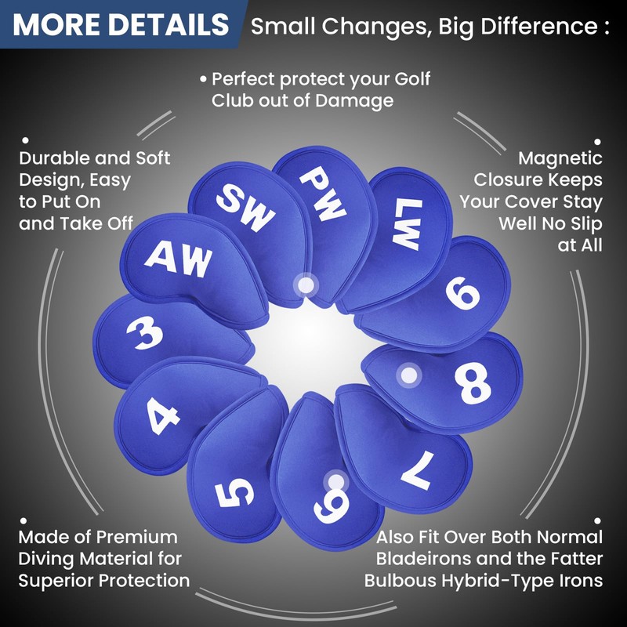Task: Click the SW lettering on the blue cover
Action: (245, 207)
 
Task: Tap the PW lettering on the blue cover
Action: (323, 193)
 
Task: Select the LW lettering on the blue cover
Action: (408, 224)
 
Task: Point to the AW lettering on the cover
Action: (179, 259)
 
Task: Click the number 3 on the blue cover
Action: (145, 332)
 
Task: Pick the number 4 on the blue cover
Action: (163, 416)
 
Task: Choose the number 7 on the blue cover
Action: (418, 470)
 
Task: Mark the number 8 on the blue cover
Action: (473, 383)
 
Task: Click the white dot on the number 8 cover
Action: (408, 375)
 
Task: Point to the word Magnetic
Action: (560, 158)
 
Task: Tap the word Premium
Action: (137, 537)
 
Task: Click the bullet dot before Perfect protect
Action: (204, 79)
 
